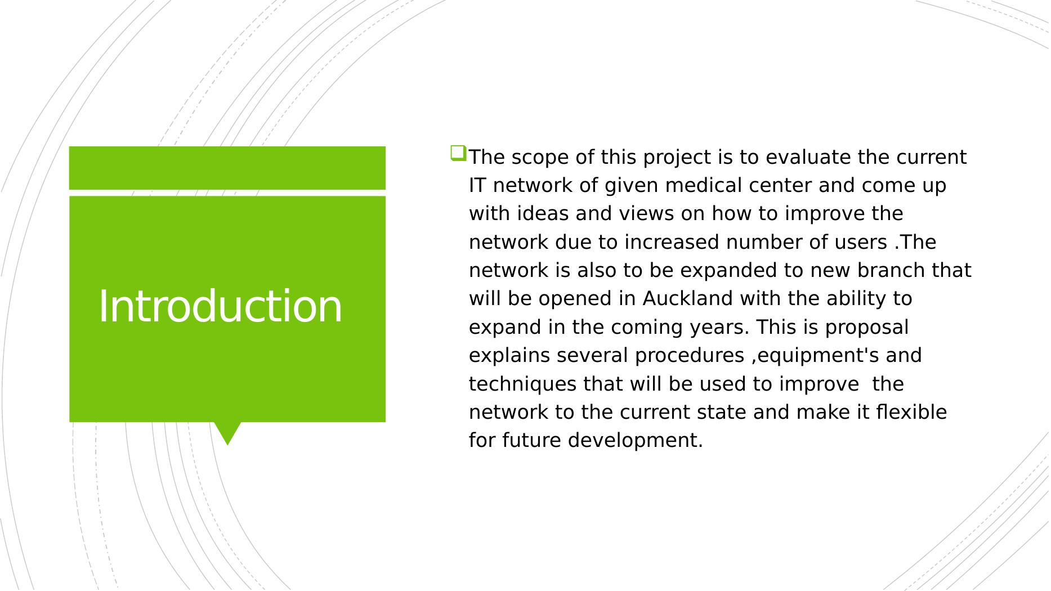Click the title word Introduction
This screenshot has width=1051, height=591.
pos(220,306)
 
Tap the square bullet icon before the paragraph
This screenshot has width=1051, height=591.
pos(458,154)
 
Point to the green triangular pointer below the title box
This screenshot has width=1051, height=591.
pos(227,433)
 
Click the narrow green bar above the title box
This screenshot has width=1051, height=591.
pos(227,168)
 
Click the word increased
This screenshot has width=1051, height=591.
pos(672,242)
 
